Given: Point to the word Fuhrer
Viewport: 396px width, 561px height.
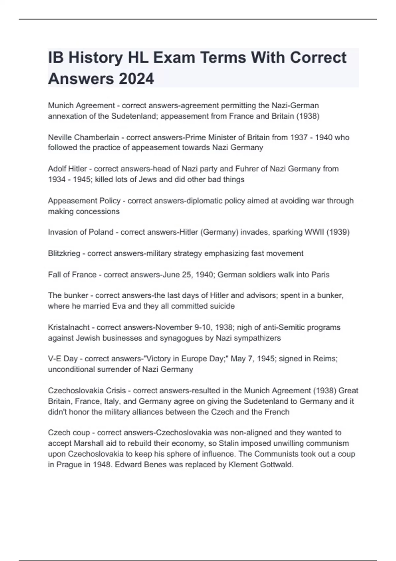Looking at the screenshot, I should [247, 169].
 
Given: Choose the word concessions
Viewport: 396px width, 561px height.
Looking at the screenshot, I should [98, 211].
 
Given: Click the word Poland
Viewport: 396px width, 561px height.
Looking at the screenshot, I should [101, 232].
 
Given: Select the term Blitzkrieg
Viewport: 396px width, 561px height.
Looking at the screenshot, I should [64, 253].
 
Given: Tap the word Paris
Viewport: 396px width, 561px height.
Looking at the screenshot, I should [320, 275].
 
